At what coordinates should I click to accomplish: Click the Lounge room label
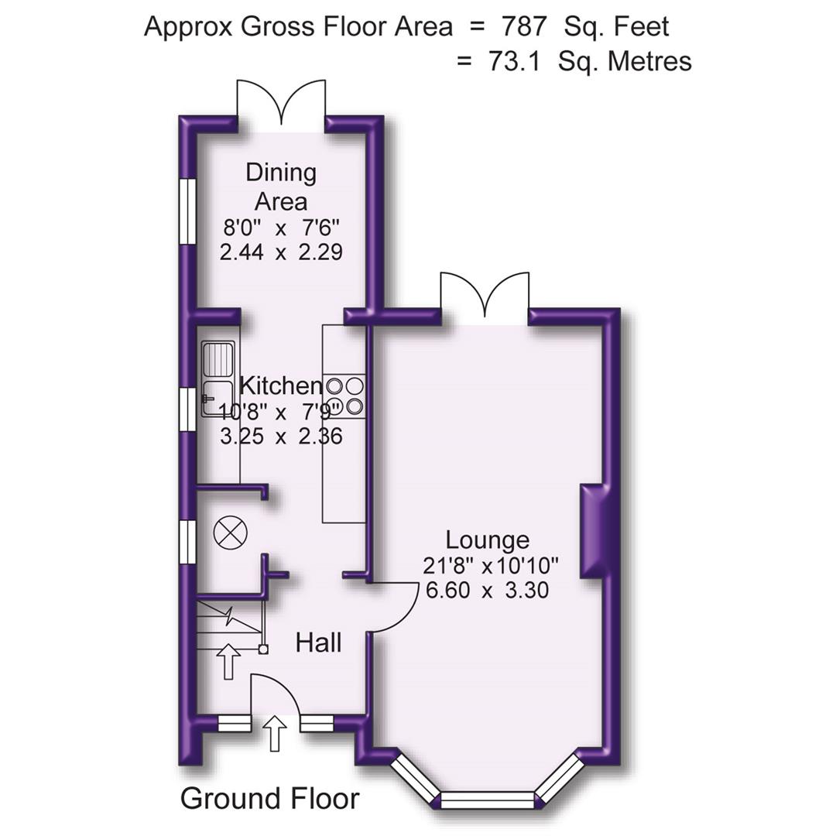point(487,540)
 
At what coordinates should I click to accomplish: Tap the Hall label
point(318,642)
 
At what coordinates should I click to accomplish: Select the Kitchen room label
point(280,385)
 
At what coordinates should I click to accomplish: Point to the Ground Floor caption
point(269,798)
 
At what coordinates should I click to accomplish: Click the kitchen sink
point(218,379)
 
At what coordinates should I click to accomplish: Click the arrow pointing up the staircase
point(228,662)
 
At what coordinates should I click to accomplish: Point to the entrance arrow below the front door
point(276,733)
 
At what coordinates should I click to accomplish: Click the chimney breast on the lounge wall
point(592,531)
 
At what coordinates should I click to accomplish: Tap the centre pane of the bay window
point(488,800)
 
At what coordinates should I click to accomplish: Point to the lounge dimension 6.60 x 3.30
point(487,591)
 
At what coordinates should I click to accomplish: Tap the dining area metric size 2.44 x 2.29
point(281,252)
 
